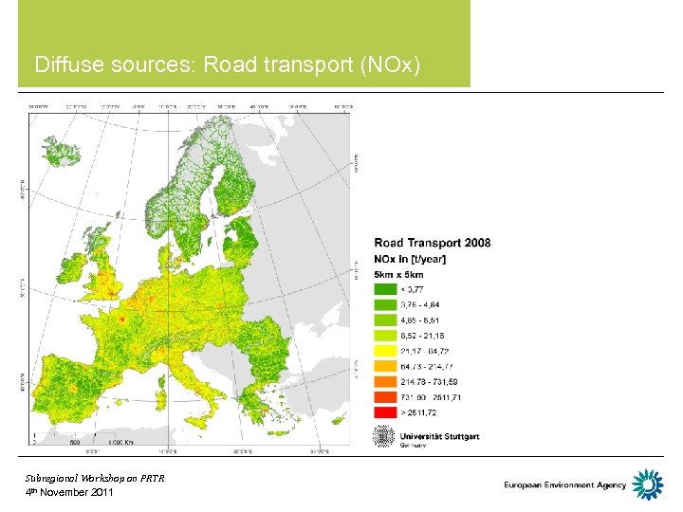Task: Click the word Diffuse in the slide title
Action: point(66,65)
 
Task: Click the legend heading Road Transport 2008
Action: point(433,243)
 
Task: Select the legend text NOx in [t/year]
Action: point(410,259)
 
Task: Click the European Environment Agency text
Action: point(565,485)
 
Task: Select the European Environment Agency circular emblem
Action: point(648,485)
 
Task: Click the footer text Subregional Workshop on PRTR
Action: point(95,478)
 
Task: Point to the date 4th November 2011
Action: point(69,492)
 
